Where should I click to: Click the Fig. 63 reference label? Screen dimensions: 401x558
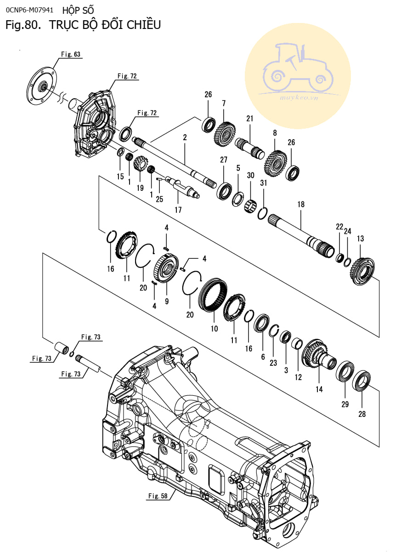[71, 54]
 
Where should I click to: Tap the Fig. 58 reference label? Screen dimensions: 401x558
[158, 495]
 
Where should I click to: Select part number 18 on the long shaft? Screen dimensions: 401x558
[301, 204]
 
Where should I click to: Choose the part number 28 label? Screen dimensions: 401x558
[362, 414]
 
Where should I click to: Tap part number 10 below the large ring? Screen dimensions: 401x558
[214, 329]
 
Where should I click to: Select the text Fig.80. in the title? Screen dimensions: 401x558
[21, 25]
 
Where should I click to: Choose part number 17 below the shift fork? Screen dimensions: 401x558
[178, 210]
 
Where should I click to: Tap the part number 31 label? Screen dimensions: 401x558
[264, 183]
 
